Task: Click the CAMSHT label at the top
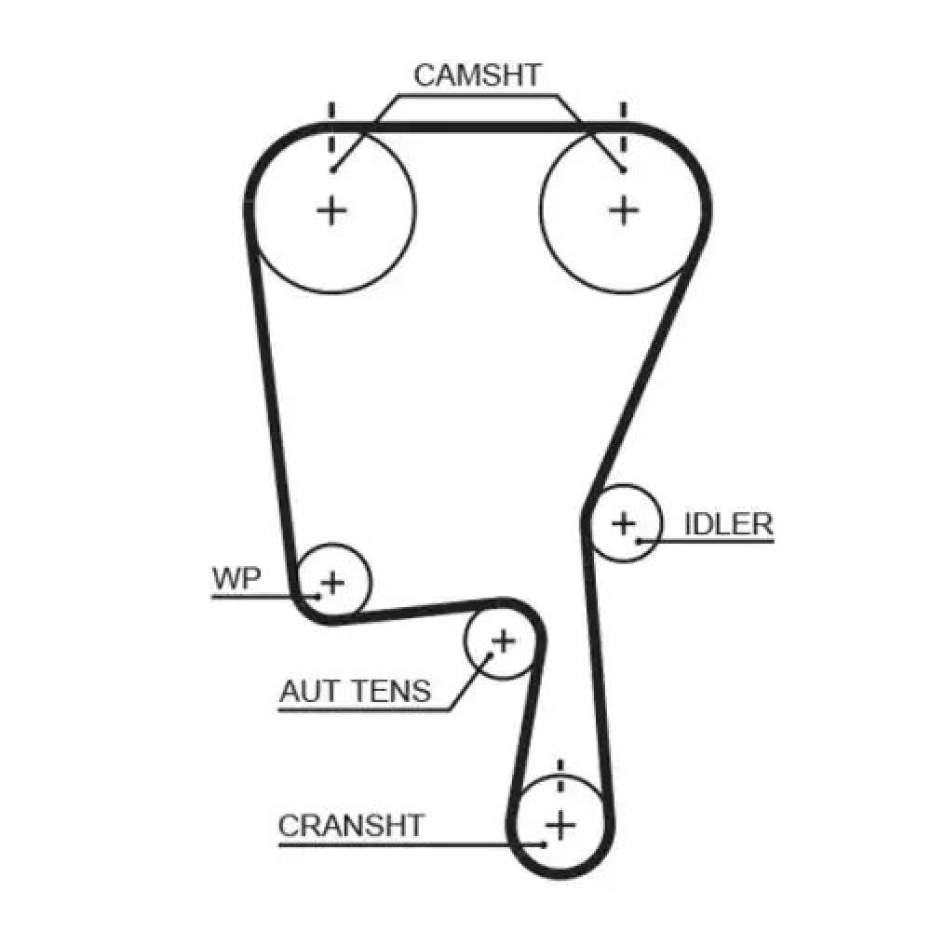tap(477, 75)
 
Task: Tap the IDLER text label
tap(729, 524)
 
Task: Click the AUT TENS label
tap(355, 691)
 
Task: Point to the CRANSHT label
tap(351, 825)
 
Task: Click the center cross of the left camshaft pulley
tap(331, 210)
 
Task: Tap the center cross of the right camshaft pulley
tap(624, 210)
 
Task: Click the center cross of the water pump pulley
tap(332, 584)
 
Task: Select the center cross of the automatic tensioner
tap(503, 641)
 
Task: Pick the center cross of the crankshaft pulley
tap(560, 824)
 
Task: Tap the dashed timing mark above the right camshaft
tap(623, 126)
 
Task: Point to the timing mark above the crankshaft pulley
tap(560, 776)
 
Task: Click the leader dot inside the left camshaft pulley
tap(332, 169)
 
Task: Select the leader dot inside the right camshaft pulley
tap(623, 169)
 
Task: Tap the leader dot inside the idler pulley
tap(639, 540)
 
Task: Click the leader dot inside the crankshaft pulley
tap(544, 845)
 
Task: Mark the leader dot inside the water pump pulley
tap(318, 595)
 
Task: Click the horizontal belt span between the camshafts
tap(477, 127)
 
